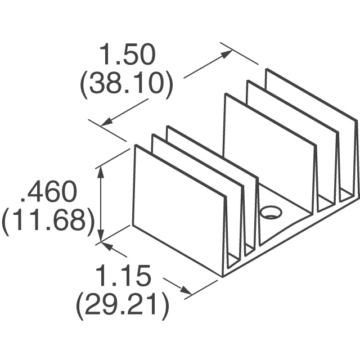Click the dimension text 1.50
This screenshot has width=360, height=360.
127,54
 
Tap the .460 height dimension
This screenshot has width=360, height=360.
49,191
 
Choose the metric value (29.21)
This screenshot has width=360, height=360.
123,306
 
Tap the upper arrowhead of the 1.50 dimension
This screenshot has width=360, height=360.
226,55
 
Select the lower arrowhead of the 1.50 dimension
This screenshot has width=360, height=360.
107,121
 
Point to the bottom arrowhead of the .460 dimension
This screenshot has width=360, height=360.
101,236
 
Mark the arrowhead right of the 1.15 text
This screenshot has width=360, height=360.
186,290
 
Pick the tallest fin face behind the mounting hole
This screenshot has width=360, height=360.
269,151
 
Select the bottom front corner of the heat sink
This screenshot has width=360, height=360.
223,277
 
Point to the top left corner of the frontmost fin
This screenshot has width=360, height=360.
136,145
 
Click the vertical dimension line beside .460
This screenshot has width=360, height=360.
101,205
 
